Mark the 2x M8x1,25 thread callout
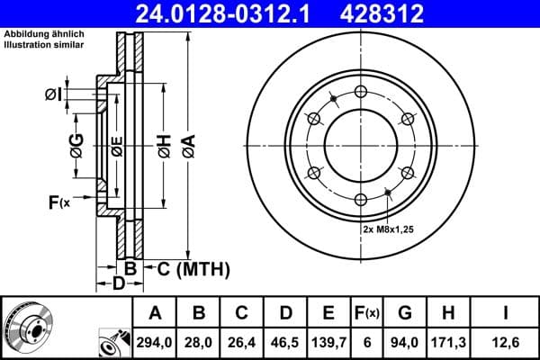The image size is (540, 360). click(x=389, y=229)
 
